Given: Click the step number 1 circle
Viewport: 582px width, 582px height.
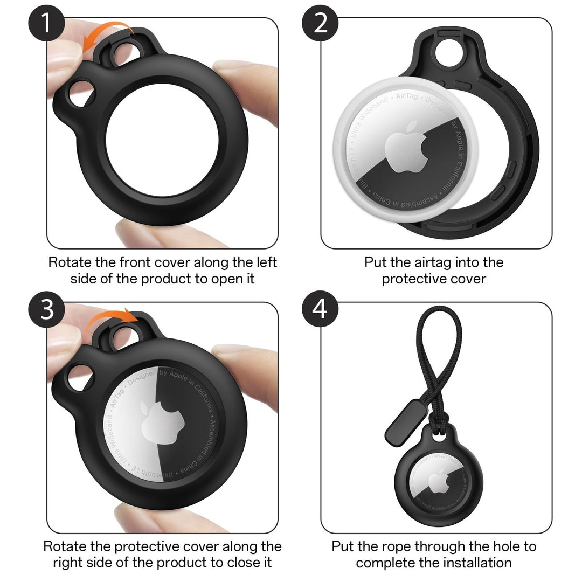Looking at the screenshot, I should pyautogui.click(x=48, y=24).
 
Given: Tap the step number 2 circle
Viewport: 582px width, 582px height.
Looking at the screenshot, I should pyautogui.click(x=321, y=24).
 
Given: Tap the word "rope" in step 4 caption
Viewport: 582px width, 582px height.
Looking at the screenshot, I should pyautogui.click(x=387, y=546).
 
